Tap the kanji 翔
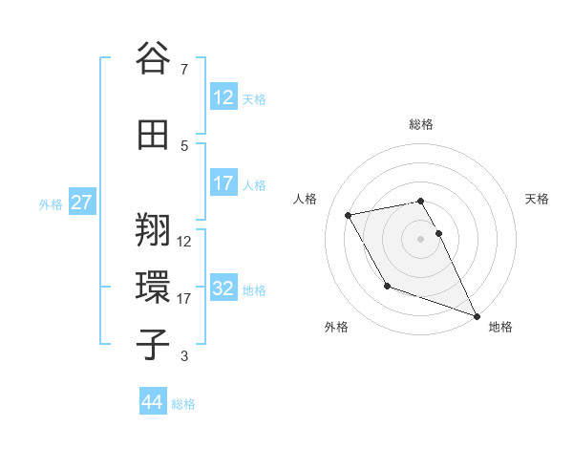[155, 230]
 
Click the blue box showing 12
[223, 97]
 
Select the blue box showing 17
[223, 183]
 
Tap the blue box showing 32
[223, 289]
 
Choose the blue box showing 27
[82, 203]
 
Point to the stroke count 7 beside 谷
[183, 70]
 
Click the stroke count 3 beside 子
[184, 357]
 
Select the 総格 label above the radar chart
[421, 124]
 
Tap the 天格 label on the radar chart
[537, 199]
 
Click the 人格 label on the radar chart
[306, 199]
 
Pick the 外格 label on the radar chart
[336, 327]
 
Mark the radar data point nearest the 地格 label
[477, 316]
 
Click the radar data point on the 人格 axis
[349, 215]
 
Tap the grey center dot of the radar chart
[421, 238]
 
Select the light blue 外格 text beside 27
[51, 203]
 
